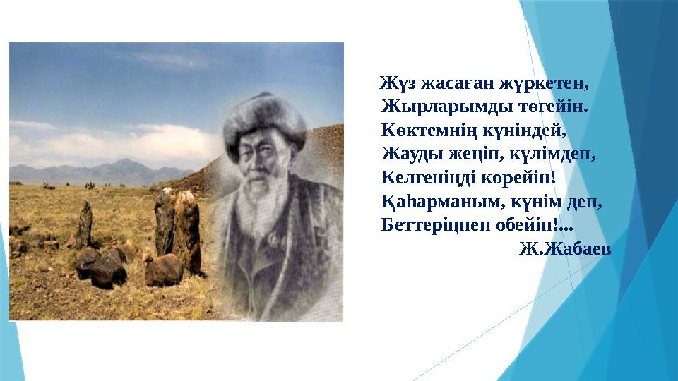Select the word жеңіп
465,155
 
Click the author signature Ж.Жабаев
565,249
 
